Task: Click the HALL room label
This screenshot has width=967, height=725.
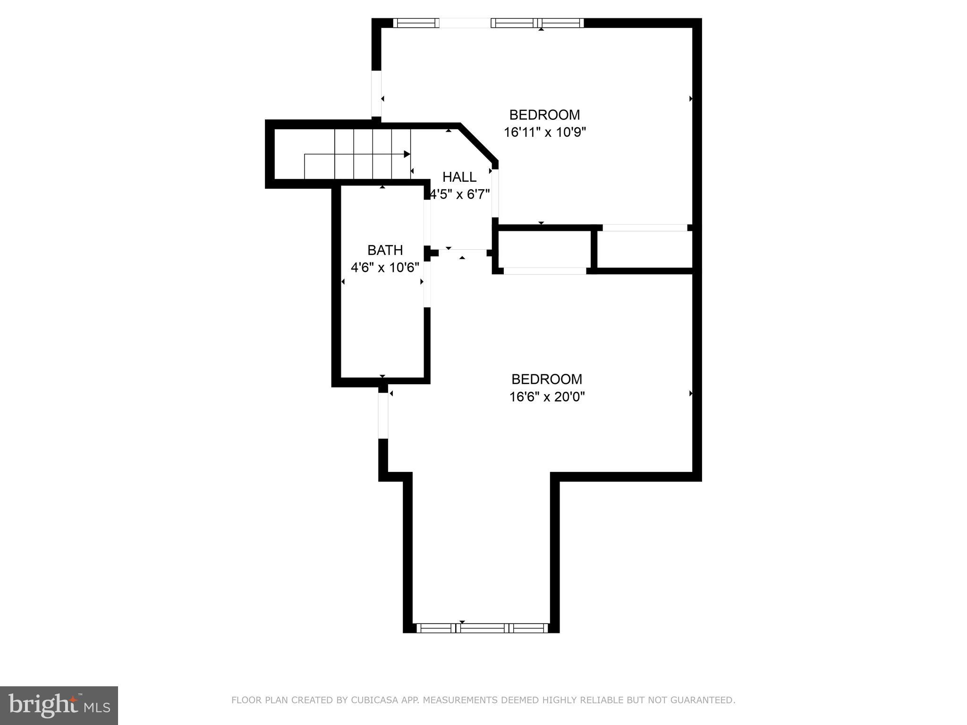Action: coord(459,177)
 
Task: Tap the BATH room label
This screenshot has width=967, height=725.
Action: coord(385,250)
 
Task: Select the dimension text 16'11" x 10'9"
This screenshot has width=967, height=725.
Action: coord(544,132)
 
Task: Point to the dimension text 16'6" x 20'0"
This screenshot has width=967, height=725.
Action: coord(547,397)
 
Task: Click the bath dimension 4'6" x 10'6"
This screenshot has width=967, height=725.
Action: coord(385,268)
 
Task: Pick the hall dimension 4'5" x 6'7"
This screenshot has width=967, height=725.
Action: coord(460,194)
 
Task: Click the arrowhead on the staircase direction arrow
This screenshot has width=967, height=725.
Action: coord(407,154)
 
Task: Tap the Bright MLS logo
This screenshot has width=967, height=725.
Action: coord(59,705)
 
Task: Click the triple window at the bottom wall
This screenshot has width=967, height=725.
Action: coord(482,628)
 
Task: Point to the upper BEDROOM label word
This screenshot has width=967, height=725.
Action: coord(544,115)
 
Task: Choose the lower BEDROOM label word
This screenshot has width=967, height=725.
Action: coord(547,379)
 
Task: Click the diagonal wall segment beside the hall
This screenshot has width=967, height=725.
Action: coord(478,143)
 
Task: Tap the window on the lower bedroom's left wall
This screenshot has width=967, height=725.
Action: coord(383,415)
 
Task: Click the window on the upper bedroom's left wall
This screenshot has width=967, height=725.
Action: coord(376,93)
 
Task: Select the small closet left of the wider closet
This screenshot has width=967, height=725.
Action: coord(544,250)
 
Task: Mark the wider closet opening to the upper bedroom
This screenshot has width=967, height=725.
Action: coord(645,228)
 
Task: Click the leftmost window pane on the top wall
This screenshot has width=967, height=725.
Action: coord(416,23)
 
